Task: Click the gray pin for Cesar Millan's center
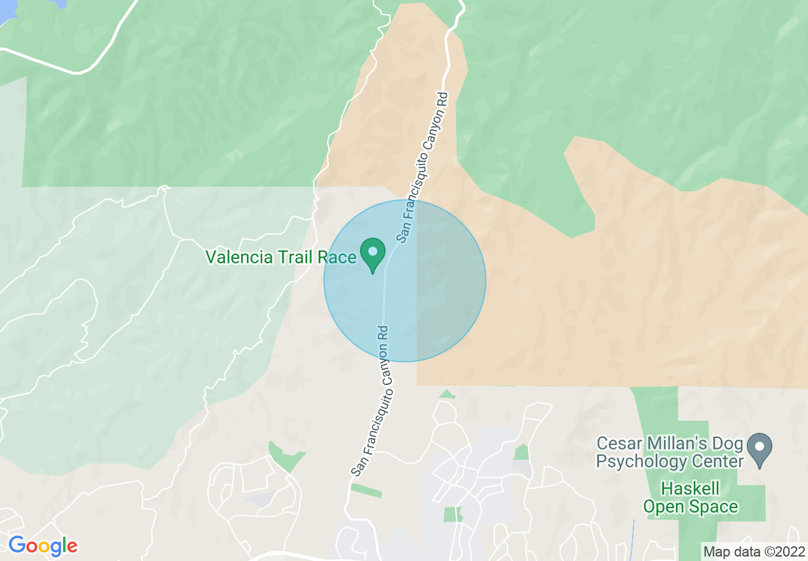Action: (759, 449)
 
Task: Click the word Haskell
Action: (690, 490)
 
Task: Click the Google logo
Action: (42, 546)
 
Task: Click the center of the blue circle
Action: (405, 280)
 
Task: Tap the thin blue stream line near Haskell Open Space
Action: (633, 539)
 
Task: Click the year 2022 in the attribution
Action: (790, 551)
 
